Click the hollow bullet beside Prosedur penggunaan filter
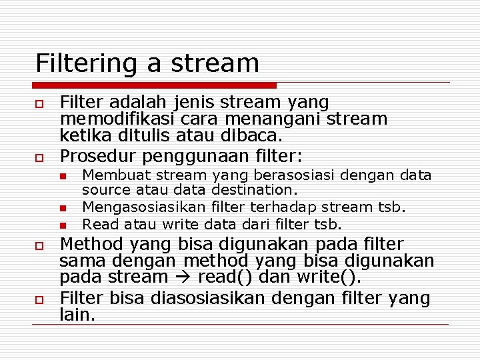tap(39, 157)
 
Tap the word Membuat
tap(109, 175)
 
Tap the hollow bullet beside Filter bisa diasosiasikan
tap(39, 298)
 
